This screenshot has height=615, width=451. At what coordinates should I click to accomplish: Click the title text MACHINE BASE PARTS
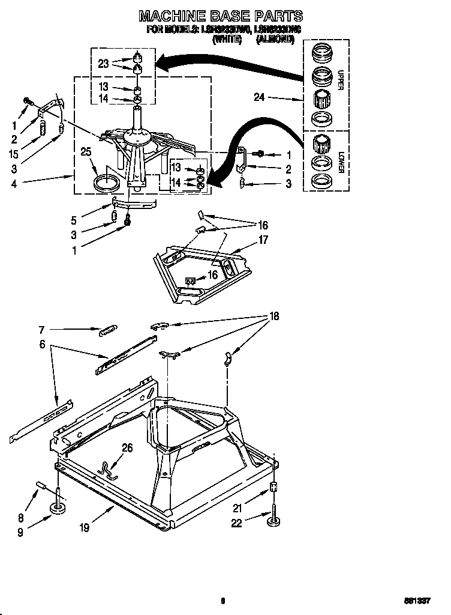coord(221,16)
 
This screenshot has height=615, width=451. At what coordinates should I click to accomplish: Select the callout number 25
coord(86,153)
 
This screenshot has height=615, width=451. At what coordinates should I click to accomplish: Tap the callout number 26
coord(127,447)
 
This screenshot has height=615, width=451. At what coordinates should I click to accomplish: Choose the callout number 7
coord(41,329)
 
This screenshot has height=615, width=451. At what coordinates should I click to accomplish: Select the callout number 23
coord(103,63)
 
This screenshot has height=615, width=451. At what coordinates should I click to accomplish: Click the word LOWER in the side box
coord(340,161)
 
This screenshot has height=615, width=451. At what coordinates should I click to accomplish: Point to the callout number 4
coord(13,184)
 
